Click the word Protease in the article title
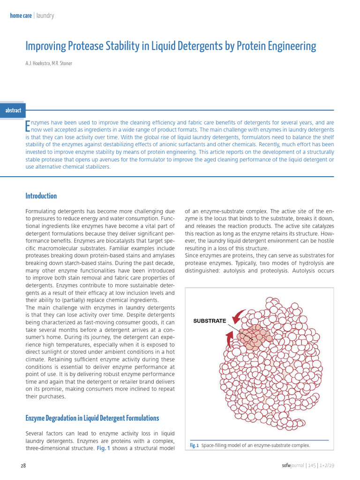pos(85,46)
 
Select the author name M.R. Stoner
pos(62,63)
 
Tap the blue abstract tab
pos(13,111)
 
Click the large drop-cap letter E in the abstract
pos(27,126)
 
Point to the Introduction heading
pos(41,196)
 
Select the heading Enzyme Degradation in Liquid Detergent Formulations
pos(92,418)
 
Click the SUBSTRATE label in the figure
pos(210,321)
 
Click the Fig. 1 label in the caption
pos(195,445)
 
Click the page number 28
pos(23,465)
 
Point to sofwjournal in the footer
pos(289,465)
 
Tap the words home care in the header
pos(21,15)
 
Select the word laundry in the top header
pos(45,15)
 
